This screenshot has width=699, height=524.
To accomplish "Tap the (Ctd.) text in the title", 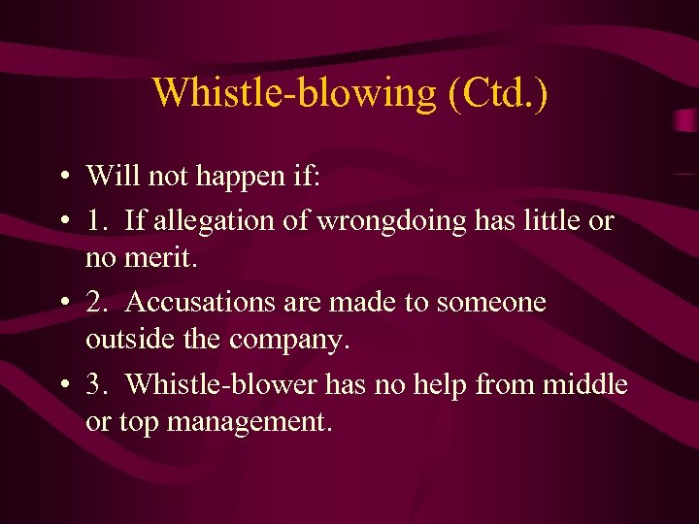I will [x=496, y=92].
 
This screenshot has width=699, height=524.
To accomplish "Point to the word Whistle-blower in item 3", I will [x=221, y=384].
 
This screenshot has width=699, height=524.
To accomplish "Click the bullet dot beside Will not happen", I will [x=62, y=178].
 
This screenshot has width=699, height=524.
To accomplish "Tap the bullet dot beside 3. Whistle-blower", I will [x=62, y=386].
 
